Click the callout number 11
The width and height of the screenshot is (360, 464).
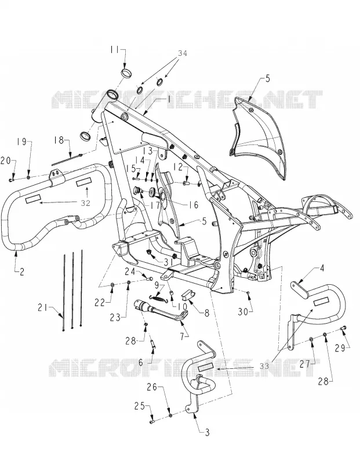point(115,49)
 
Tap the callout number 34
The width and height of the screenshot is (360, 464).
point(183,53)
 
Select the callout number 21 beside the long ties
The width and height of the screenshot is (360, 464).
point(42,308)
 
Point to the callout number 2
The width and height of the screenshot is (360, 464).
point(22,271)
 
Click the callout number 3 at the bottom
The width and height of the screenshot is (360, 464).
point(207,432)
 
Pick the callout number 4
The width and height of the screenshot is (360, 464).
point(322,269)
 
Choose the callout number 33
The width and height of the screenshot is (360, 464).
point(264,366)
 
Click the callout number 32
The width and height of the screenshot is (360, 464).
point(85,203)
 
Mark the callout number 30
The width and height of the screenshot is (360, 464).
point(243,311)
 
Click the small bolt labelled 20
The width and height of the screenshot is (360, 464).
point(12,180)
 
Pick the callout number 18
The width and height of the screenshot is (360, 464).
point(60,140)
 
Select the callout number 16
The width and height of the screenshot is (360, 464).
point(193,205)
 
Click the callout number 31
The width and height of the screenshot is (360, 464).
point(169,262)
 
